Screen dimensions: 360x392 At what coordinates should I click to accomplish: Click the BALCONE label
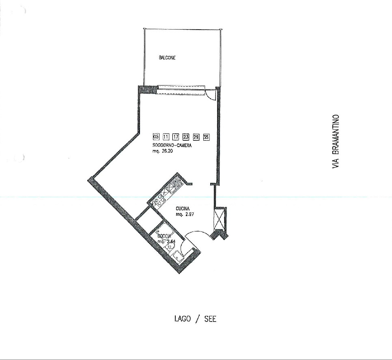[167, 58]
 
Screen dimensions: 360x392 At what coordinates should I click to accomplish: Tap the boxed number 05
[156, 136]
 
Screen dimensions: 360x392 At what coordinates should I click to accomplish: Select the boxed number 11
[166, 136]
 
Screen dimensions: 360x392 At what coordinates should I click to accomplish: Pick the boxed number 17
[176, 136]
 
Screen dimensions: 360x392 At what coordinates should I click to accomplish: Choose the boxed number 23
[186, 136]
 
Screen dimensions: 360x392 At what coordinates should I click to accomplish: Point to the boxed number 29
[196, 136]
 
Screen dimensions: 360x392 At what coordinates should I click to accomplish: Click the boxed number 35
[206, 136]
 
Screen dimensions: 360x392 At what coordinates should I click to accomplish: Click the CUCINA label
[183, 209]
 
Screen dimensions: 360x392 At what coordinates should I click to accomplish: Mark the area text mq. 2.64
[166, 242]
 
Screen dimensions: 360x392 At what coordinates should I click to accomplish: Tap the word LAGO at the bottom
[183, 319]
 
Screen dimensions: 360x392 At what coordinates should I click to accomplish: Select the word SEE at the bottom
[210, 319]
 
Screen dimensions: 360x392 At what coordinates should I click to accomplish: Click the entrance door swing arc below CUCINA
[197, 234]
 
